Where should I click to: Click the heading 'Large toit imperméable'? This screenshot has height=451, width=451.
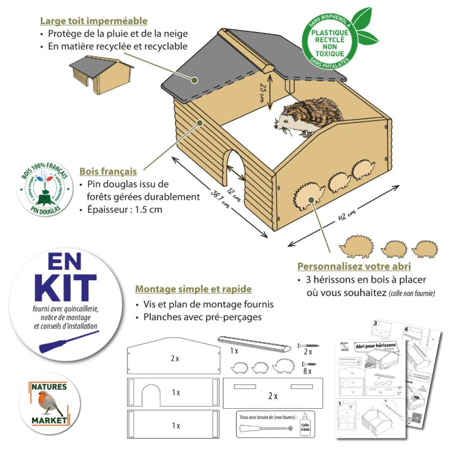(94, 21)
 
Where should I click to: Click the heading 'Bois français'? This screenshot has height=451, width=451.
(108, 171)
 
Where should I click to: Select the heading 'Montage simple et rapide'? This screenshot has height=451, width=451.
(193, 289)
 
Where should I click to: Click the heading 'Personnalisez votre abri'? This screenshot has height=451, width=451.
(354, 266)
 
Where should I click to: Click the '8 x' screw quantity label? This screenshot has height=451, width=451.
(307, 372)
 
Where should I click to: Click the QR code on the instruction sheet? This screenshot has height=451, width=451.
(417, 418)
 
